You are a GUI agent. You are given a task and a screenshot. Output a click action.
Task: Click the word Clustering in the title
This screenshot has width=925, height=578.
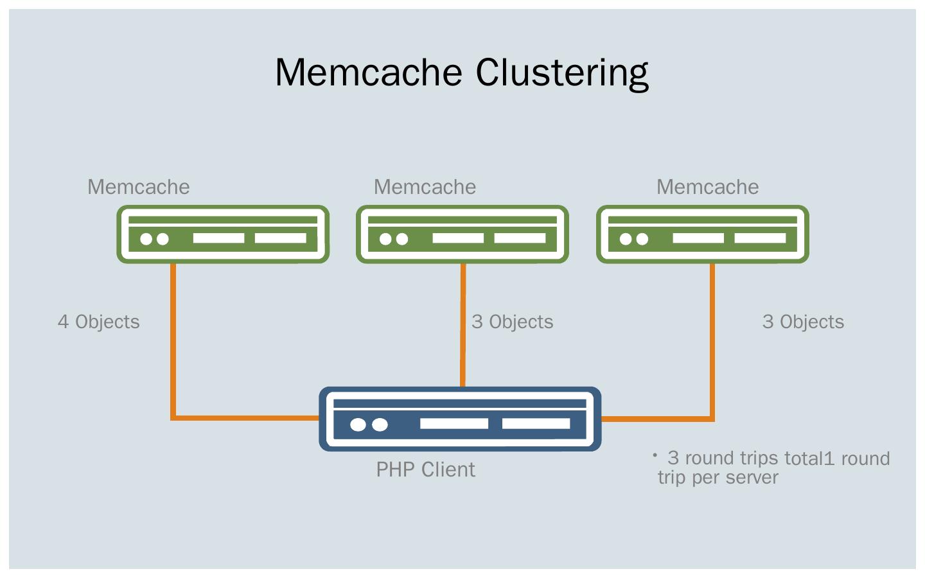[562, 73]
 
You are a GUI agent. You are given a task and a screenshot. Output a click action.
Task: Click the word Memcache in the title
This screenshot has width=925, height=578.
[369, 72]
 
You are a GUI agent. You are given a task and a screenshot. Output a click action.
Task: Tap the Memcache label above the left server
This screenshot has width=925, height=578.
[139, 187]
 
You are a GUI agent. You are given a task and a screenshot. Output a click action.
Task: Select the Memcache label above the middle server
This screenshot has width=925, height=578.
[425, 187]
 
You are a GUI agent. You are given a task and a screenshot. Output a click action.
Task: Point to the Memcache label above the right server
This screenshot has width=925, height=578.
[707, 187]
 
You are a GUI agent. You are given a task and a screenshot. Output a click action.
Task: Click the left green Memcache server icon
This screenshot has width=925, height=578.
[223, 234]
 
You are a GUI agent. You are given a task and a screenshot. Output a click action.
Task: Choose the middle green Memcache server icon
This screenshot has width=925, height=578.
[463, 234]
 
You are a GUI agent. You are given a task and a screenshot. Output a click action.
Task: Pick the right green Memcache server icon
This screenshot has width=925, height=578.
[703, 234]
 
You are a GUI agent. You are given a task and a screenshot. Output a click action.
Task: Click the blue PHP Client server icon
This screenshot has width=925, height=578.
[460, 419]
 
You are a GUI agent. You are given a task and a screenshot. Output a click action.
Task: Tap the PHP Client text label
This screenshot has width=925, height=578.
[425, 469]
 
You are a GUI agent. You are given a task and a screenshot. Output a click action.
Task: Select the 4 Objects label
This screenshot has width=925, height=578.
[99, 322]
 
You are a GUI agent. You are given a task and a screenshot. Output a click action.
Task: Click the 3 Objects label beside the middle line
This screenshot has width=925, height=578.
[513, 322]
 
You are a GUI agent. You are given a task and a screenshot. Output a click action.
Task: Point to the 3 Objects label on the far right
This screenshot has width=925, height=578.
[803, 322]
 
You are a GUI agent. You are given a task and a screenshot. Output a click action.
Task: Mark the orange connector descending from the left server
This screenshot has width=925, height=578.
[173, 340]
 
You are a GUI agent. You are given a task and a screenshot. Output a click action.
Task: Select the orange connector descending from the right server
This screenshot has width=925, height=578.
[712, 340]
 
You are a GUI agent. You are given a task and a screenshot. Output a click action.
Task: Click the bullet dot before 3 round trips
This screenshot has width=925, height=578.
[655, 455]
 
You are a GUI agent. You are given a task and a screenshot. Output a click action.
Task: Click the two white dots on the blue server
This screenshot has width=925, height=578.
[369, 425]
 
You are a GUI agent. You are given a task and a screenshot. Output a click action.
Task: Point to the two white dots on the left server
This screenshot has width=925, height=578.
[154, 239]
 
